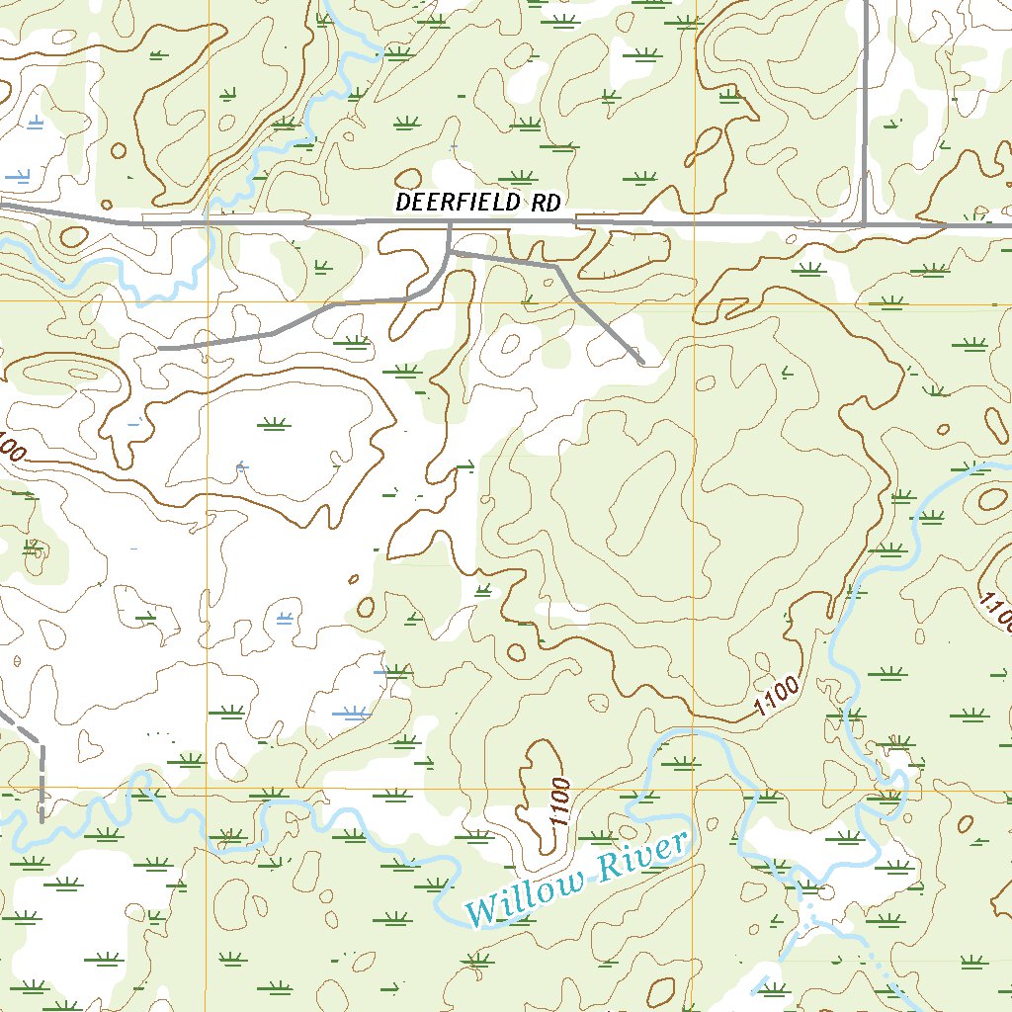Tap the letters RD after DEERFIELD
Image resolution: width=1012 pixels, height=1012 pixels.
[545, 203]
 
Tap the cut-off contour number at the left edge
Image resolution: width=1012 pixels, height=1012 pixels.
[10, 448]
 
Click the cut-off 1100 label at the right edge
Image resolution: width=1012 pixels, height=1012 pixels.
[998, 611]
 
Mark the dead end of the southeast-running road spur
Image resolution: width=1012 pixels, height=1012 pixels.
[641, 362]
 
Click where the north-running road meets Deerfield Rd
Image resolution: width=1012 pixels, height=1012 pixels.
[865, 224]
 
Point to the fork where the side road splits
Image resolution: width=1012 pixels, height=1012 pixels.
[450, 253]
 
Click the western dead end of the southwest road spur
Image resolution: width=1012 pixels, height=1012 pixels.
[161, 348]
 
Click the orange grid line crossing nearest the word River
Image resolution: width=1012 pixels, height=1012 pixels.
[694, 789]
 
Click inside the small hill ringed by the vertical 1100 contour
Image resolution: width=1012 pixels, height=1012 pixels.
[539, 791]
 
